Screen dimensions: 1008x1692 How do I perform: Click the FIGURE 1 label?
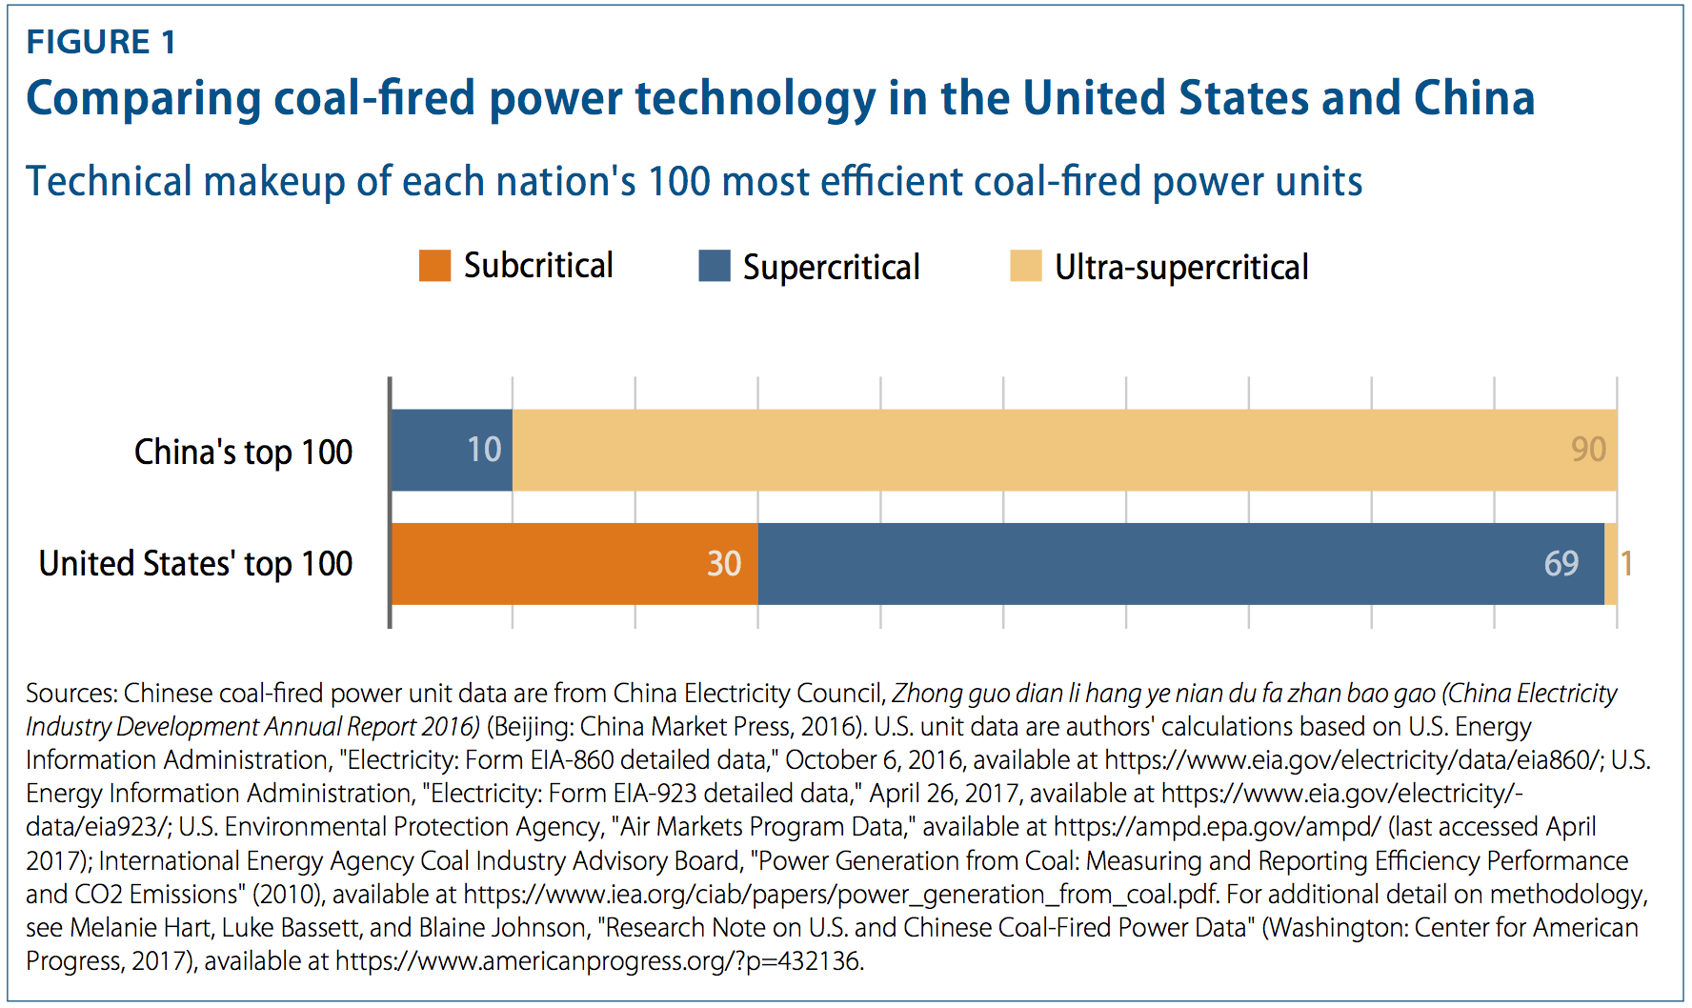[101, 42]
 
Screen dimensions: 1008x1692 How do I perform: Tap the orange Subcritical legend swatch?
[434, 266]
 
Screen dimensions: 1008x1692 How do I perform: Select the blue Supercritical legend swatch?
[714, 266]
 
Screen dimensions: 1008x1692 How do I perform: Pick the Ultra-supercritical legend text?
[1180, 267]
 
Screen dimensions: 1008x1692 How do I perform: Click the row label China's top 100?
[243, 452]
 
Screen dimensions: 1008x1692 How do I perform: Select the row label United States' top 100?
[195, 563]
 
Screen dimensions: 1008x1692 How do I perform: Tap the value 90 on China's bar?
[1588, 450]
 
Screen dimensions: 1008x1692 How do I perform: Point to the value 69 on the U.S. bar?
[1561, 564]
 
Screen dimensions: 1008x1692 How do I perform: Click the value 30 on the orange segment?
[724, 564]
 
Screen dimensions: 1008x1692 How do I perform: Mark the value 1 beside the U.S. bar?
[1627, 564]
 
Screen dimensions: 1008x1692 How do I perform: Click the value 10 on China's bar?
[484, 450]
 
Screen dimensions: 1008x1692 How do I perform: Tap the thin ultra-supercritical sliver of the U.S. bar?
[1610, 563]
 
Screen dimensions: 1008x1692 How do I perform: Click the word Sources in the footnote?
[70, 693]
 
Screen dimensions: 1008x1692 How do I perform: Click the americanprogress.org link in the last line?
[597, 960]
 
